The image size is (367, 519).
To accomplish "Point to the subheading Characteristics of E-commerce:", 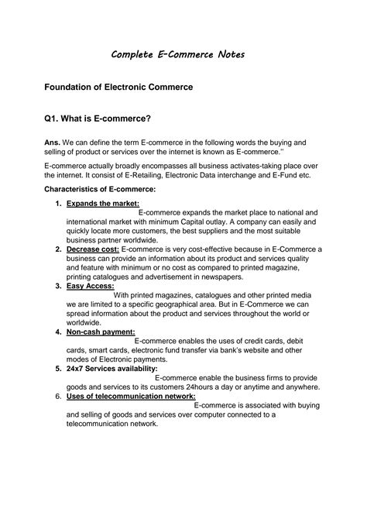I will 100,189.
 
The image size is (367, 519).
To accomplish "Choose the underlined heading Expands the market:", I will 103,203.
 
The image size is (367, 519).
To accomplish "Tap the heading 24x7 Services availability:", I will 116,369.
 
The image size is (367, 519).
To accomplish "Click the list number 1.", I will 58,203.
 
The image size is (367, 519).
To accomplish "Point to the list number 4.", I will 58,332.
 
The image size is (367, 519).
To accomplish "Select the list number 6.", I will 58,396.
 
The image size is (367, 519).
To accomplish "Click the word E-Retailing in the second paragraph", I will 135,175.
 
